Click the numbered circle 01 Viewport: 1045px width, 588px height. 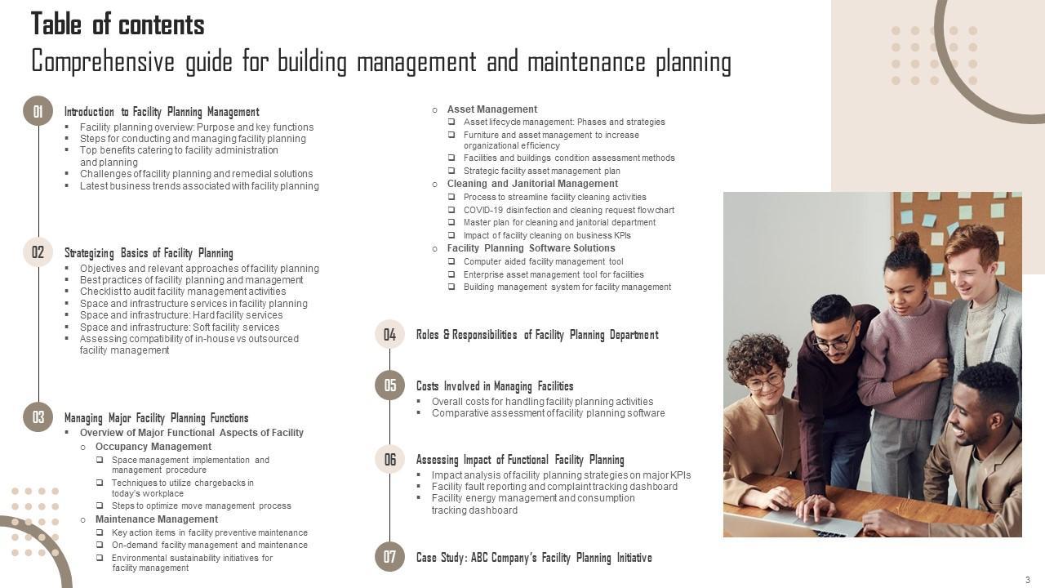coord(38,111)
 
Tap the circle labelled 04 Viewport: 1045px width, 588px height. coord(389,334)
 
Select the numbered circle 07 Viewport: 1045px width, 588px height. coord(389,557)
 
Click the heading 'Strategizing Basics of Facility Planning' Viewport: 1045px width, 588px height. coord(149,253)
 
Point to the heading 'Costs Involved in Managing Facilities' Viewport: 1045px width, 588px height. coord(495,386)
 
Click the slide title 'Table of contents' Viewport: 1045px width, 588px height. coord(118,24)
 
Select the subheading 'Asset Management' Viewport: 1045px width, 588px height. coord(491,109)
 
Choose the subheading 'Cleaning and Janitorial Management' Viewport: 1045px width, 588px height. coord(532,184)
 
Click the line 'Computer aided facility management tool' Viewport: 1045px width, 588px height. coord(543,261)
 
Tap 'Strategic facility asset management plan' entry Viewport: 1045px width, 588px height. coord(541,171)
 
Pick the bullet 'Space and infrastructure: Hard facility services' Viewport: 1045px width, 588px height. coord(181,315)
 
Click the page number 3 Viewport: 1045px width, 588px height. coord(1027,580)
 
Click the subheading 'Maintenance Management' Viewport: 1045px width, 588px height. coord(157,519)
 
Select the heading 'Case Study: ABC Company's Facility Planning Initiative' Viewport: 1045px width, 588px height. coord(534,558)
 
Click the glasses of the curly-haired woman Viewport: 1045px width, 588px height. coord(765,381)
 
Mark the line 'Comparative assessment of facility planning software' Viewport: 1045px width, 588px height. coord(548,413)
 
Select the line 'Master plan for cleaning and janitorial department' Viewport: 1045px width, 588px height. coord(559,222)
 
